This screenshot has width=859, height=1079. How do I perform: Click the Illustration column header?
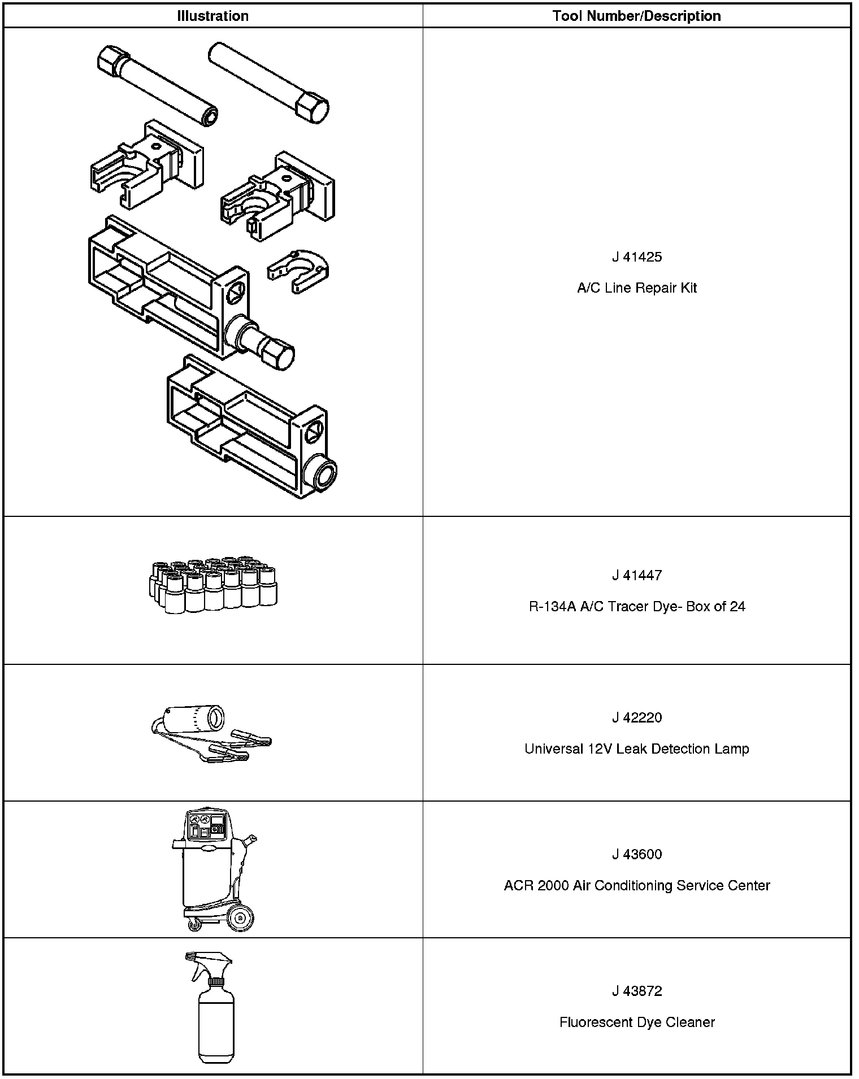212,16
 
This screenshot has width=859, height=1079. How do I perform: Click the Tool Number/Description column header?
636,16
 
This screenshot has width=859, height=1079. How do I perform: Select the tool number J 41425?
636,257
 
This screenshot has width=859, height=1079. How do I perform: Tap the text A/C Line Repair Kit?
636,288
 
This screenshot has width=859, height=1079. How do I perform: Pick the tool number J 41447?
636,575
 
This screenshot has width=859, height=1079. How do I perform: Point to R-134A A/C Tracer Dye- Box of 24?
636,607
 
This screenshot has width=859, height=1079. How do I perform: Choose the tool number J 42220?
636,717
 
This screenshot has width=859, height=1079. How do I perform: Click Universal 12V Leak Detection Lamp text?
636,749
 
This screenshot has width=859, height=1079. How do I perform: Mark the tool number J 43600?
636,854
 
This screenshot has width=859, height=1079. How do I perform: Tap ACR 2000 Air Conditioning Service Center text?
636,885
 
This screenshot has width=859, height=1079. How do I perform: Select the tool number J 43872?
636,991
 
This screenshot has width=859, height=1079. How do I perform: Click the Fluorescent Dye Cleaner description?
636,1022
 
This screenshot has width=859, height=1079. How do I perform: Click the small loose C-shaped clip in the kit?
298,270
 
